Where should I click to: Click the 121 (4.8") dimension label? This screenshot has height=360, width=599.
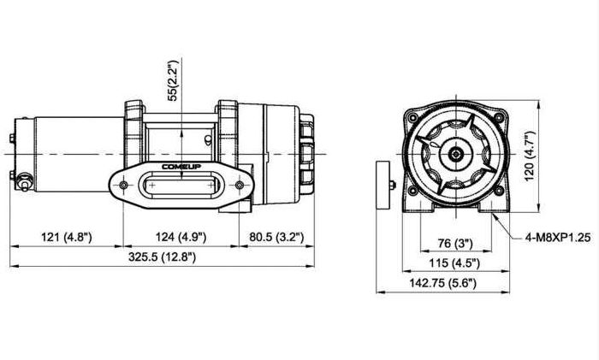coord(67,237)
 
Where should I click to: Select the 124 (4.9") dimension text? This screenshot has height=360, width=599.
coord(181,237)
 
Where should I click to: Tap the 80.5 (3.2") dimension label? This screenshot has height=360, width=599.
coord(276,237)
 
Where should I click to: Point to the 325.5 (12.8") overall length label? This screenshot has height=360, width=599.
coord(162,257)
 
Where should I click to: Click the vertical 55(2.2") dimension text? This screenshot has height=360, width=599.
coord(174,80)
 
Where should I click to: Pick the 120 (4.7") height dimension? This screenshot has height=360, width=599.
coord(531,156)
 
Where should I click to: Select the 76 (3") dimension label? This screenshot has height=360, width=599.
coord(455,243)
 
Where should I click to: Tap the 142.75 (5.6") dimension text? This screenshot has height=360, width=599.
coord(443,283)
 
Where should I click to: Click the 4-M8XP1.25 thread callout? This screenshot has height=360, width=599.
coord(558,238)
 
